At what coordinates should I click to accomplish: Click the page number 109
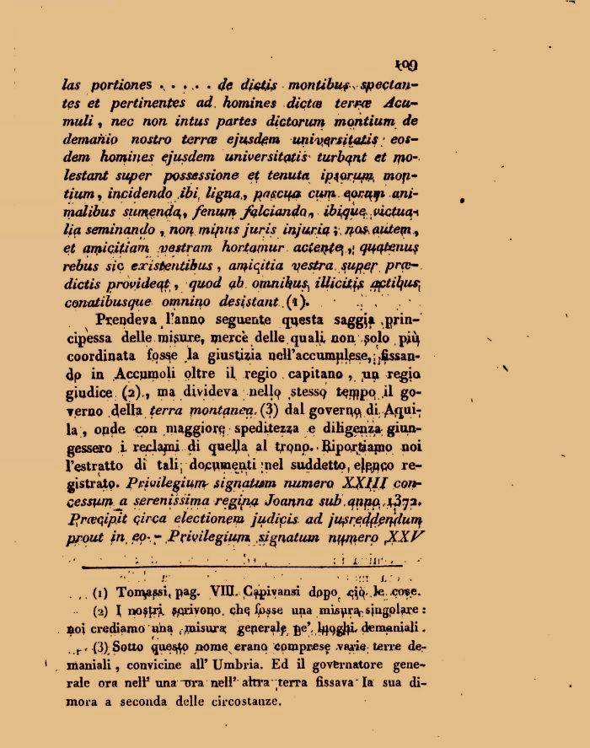coord(405,65)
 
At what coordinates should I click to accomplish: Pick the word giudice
coord(88,393)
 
